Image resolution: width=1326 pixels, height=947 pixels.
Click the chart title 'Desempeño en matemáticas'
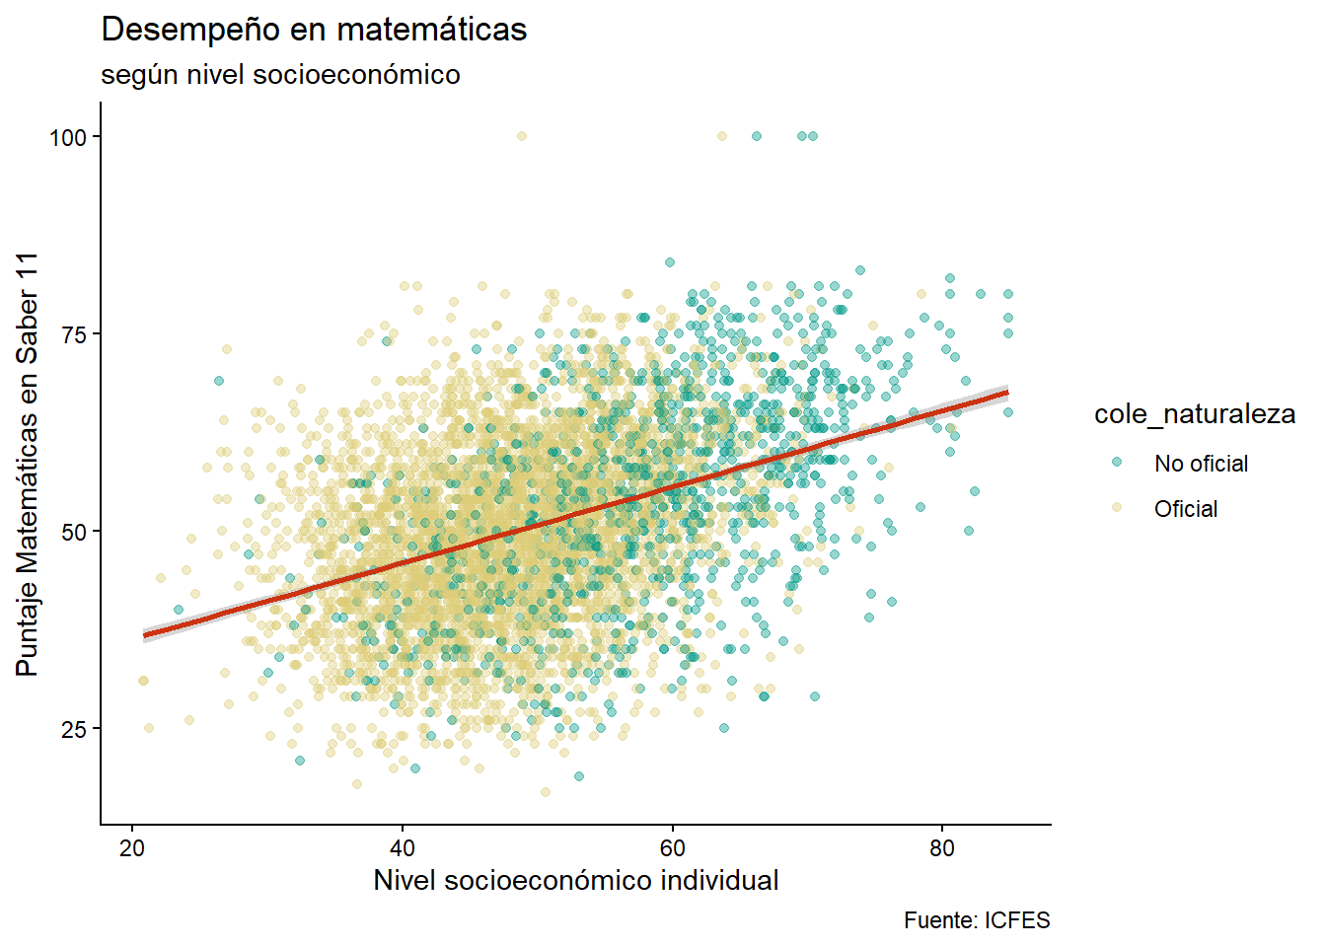pos(314,30)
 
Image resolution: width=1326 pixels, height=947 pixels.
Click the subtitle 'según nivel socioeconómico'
pos(280,75)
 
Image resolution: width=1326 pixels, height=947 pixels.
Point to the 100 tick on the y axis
pos(68,137)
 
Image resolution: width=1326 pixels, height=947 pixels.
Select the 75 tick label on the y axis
pos(75,334)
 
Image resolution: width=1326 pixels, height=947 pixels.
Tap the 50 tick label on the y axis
pos(75,532)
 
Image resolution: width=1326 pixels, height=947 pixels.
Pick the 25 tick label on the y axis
pos(75,729)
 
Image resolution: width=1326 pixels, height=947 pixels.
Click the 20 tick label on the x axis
pos(132,848)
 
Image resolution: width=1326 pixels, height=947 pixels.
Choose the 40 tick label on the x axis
pos(403,848)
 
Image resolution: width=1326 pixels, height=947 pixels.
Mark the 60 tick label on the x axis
pos(673,848)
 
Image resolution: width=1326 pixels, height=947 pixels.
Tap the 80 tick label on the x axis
pos(942,848)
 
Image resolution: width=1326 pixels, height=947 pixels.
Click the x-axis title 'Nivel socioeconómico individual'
pos(576,880)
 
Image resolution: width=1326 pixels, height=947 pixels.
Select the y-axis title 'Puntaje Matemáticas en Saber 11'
pos(28,464)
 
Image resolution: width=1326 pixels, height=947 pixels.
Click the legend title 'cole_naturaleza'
pos(1194,414)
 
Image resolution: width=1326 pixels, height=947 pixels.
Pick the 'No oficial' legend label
pos(1201,464)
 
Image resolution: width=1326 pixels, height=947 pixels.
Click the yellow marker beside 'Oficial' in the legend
pos(1117,508)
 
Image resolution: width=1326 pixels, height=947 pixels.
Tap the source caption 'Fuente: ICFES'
pos(977,920)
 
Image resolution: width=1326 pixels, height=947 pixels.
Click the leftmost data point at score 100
pos(522,136)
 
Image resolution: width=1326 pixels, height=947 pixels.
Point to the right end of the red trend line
pos(1006,393)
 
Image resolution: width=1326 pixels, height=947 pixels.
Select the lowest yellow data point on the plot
pos(545,792)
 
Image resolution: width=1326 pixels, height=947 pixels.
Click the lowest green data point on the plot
pos(579,776)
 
